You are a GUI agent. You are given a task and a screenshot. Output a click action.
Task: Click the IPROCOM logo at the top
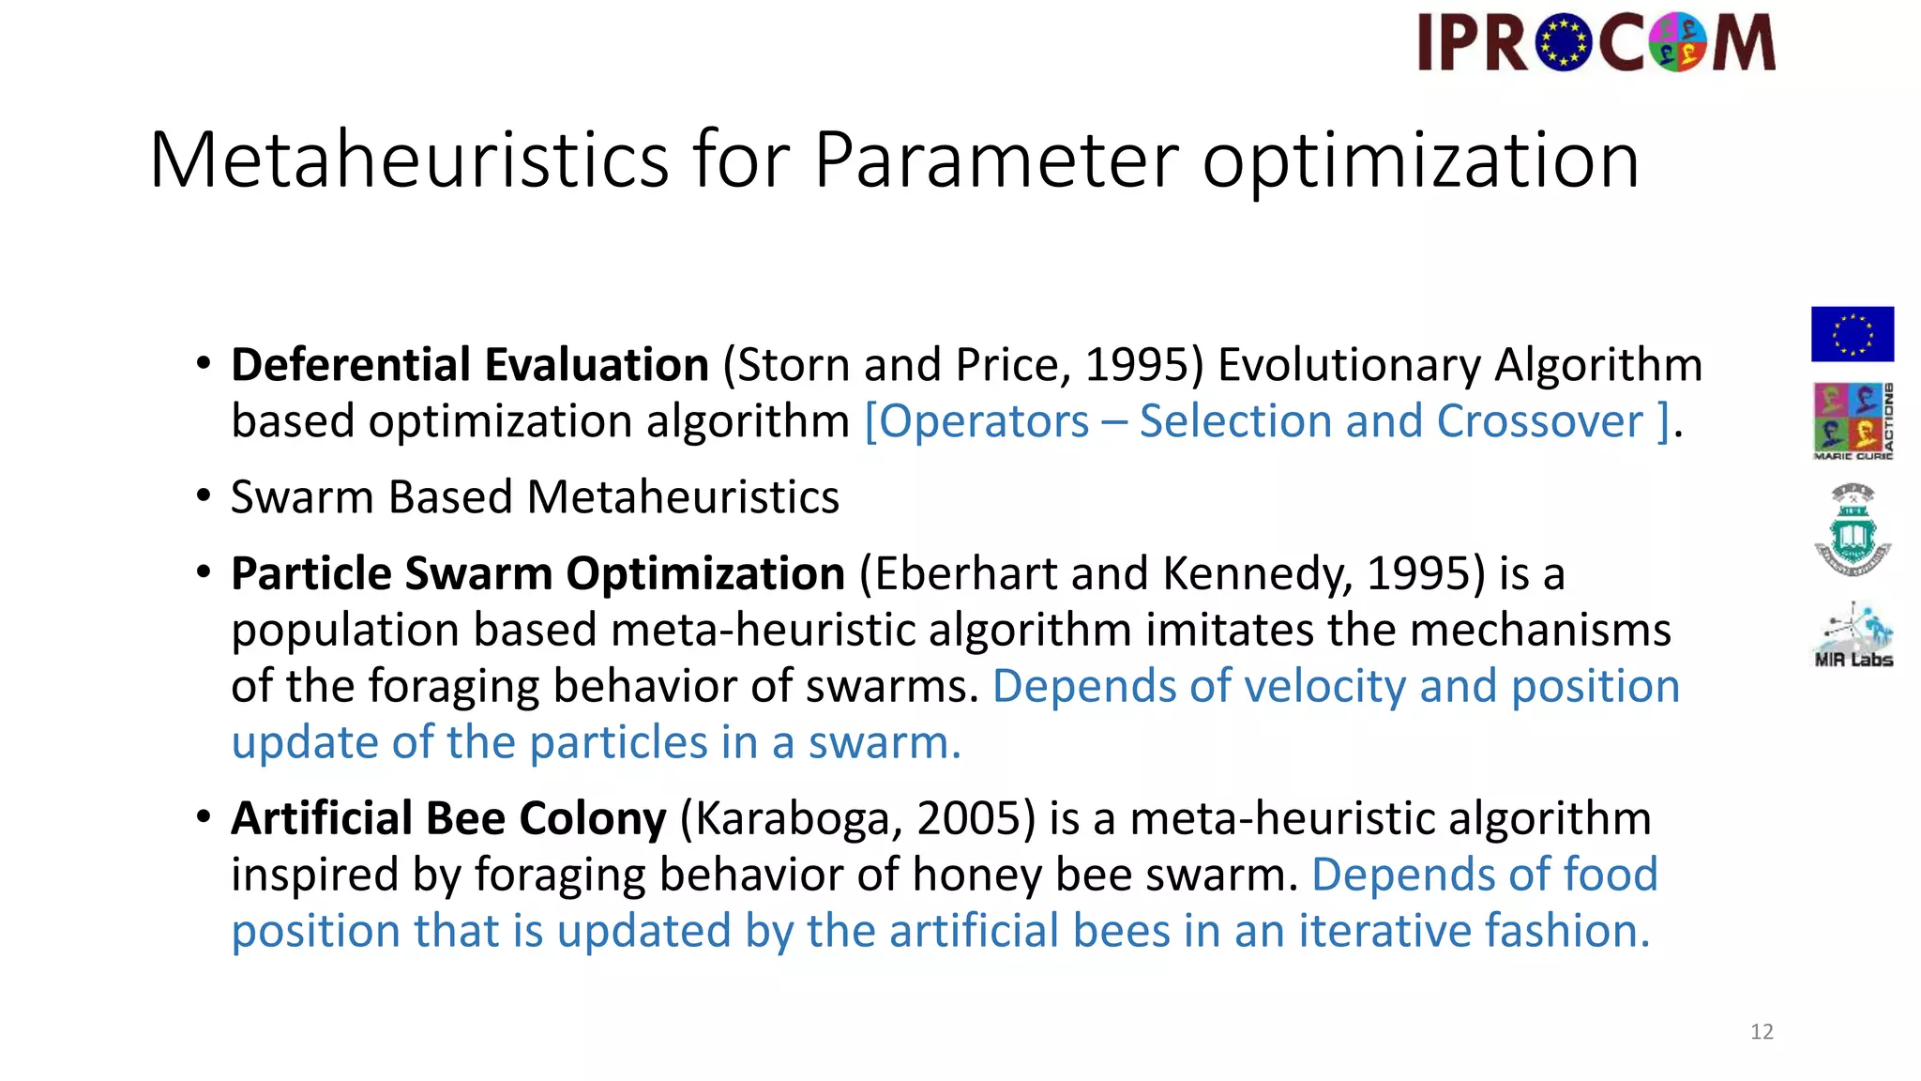pyautogui.click(x=1596, y=43)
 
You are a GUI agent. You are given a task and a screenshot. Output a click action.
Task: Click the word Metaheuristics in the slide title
pyautogui.click(x=409, y=160)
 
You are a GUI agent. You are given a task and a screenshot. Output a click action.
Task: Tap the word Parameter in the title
pyautogui.click(x=995, y=160)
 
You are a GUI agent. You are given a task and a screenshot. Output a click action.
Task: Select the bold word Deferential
pyautogui.click(x=351, y=365)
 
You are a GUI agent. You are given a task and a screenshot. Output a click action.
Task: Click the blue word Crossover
pyautogui.click(x=1539, y=421)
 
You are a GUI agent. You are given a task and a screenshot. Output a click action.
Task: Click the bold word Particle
pyautogui.click(x=310, y=573)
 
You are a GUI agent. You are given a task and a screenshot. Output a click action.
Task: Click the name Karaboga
pyautogui.click(x=798, y=818)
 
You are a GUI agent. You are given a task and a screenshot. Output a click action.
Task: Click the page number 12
pyautogui.click(x=1762, y=1032)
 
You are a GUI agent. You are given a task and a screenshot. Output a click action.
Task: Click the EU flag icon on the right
pyautogui.click(x=1852, y=334)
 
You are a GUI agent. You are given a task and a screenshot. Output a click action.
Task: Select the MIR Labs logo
pyautogui.click(x=1853, y=635)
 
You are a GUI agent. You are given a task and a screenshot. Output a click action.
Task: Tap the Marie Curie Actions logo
pyautogui.click(x=1853, y=421)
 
